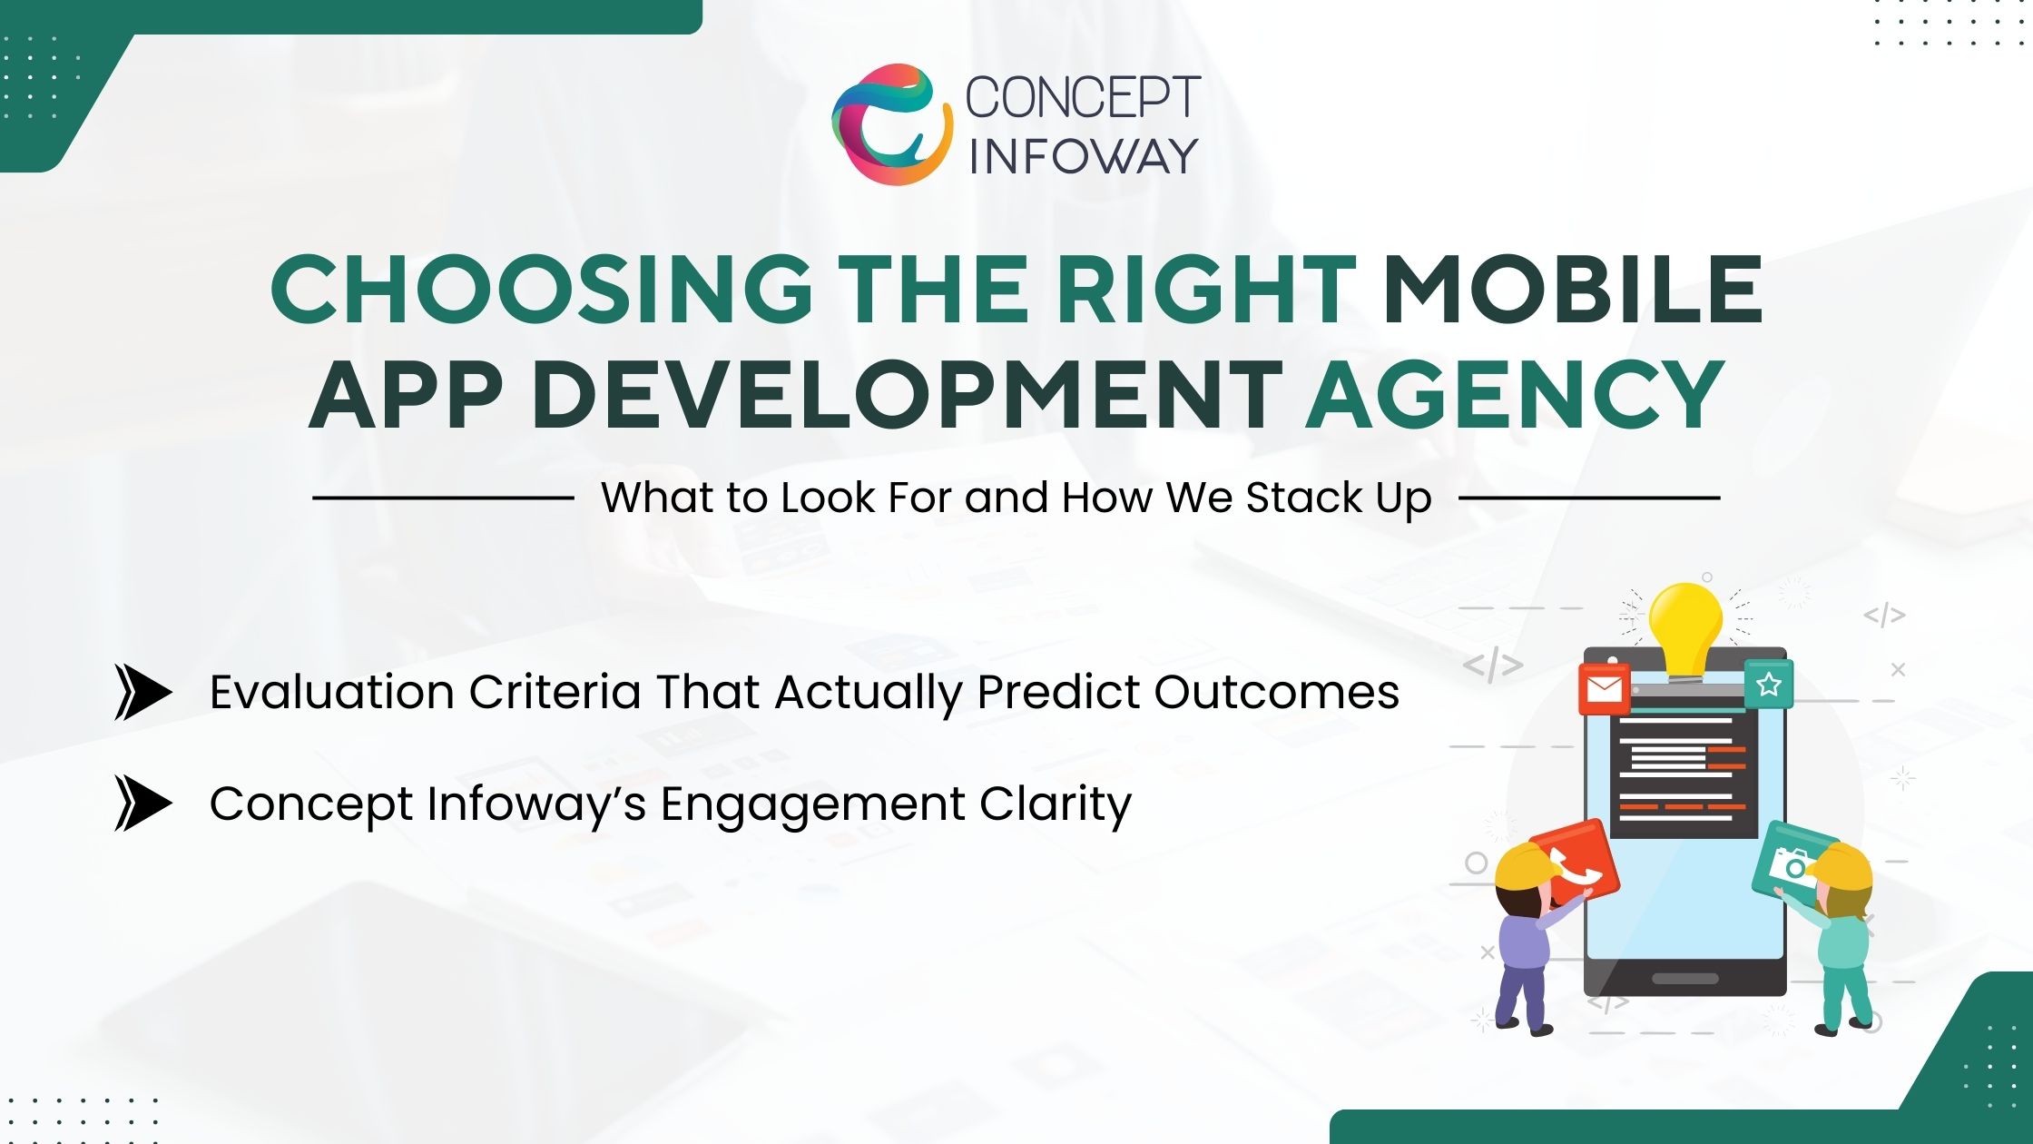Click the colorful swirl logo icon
[890, 124]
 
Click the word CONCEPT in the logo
[1083, 97]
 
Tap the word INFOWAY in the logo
[1083, 156]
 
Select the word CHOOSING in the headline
[542, 290]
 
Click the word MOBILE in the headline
[1572, 290]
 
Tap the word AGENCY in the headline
[1514, 396]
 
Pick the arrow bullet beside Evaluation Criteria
[142, 693]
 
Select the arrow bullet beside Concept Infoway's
[142, 803]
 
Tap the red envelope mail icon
[1604, 689]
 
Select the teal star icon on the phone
[1768, 685]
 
